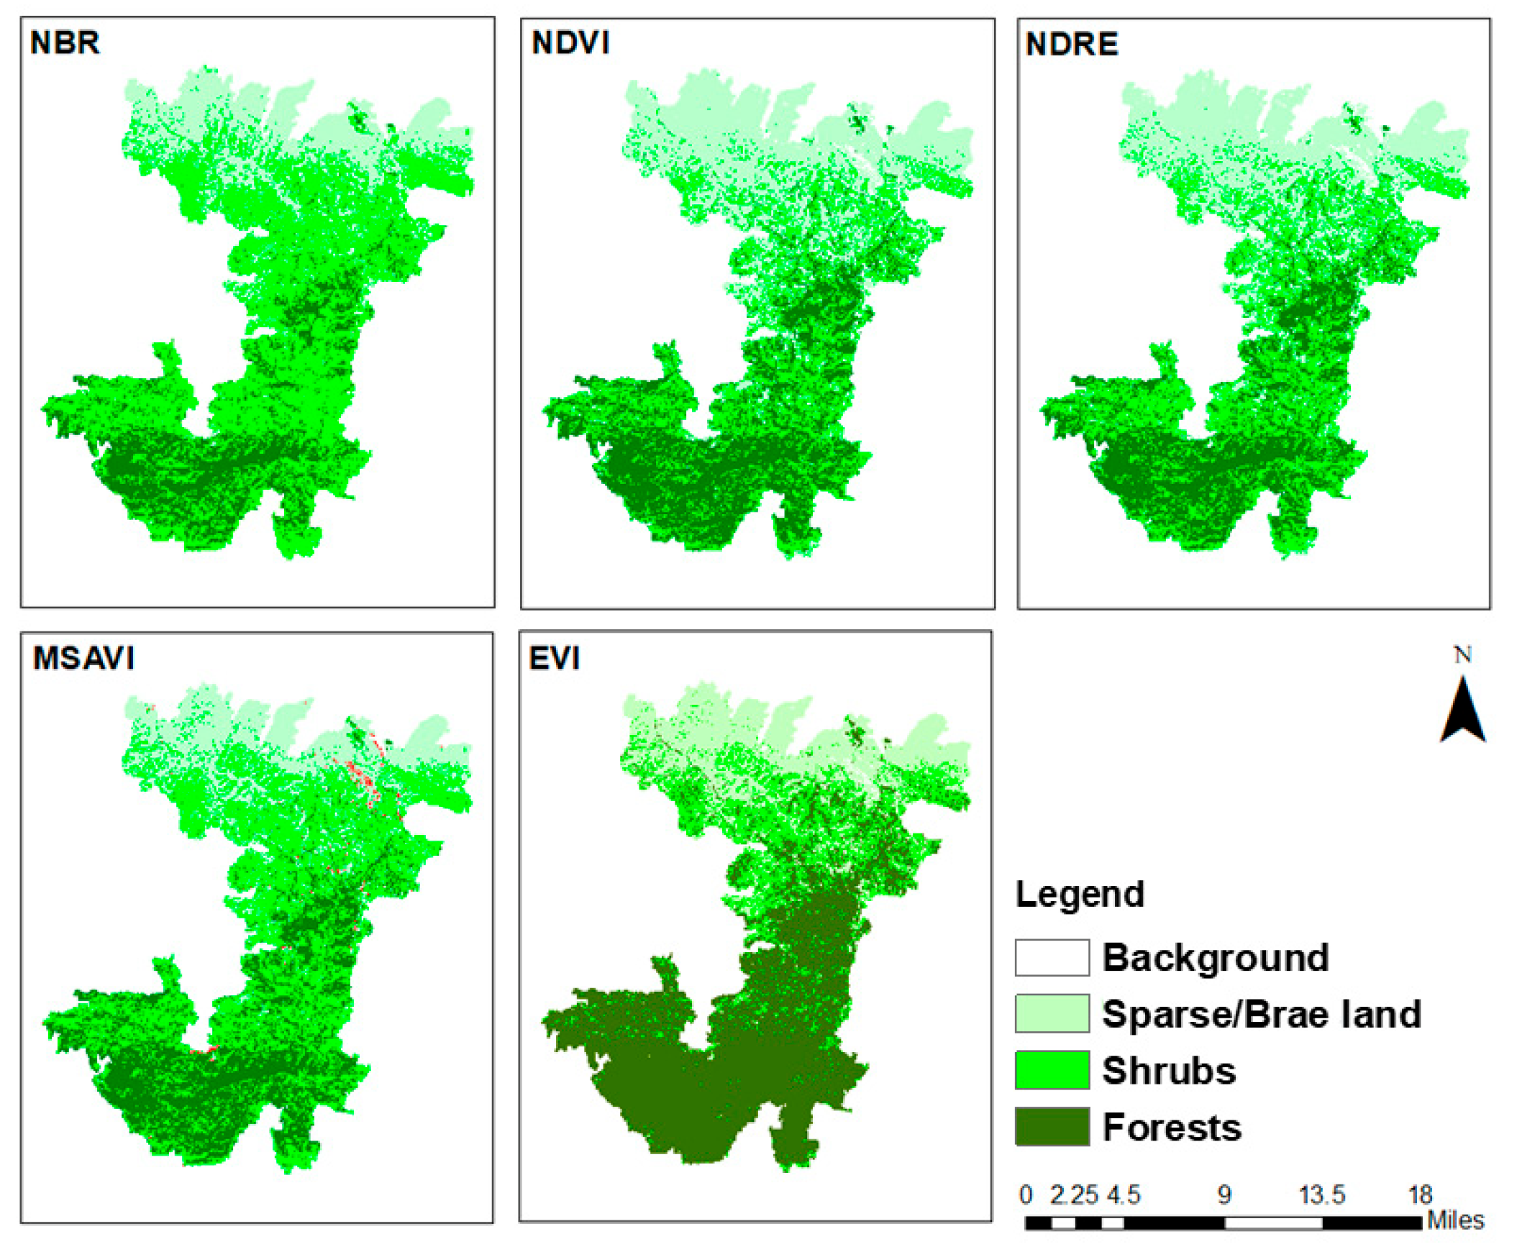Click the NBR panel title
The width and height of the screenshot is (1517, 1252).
pos(64,42)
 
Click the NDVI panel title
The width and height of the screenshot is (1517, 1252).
pos(570,43)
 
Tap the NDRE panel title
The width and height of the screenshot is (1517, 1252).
pos(1071,45)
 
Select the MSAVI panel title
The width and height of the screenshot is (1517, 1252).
pos(83,658)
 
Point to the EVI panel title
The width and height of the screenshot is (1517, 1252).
pos(554,658)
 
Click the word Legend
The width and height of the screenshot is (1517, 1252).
pos(1079,895)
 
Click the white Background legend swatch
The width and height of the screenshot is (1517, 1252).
pos(1052,958)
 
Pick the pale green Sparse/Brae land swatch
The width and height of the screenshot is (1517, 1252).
pos(1052,1013)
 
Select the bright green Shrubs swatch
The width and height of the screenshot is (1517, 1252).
pos(1052,1070)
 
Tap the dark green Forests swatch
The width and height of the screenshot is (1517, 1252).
pos(1052,1126)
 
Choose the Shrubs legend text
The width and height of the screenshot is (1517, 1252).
pos(1169,1071)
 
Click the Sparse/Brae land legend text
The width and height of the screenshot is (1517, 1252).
pos(1261,1014)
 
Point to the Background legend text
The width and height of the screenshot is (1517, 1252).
pos(1216,958)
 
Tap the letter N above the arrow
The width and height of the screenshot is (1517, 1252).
pos(1462,654)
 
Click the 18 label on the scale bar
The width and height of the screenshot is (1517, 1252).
pos(1420,1195)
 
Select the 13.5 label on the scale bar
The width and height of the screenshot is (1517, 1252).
pos(1321,1195)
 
